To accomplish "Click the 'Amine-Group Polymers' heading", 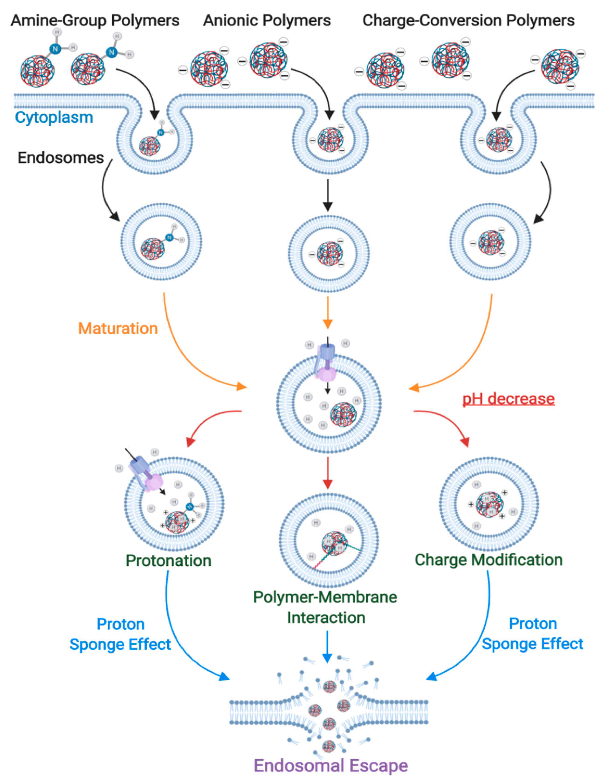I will [95, 21].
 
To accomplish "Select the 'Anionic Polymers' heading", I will [267, 21].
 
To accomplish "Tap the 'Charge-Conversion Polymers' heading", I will [468, 21].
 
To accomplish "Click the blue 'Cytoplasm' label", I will [54, 118].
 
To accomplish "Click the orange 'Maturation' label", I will [118, 328].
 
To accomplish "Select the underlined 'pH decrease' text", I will [508, 399].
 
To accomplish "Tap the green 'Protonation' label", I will [168, 561].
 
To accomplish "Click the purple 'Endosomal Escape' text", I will [331, 766].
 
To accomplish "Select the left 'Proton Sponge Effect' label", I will [120, 634].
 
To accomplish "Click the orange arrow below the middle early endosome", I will [327, 312].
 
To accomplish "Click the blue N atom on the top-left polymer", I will [55, 49].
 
